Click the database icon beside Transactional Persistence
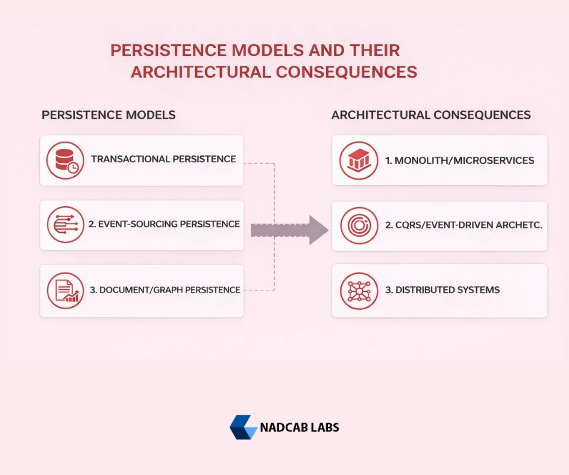[x=65, y=160]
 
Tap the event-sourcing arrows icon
[x=65, y=225]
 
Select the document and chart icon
[x=65, y=291]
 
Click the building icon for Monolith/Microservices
[x=359, y=160]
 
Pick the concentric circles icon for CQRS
[x=359, y=225]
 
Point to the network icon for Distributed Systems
[x=359, y=291]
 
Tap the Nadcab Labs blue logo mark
[x=243, y=427]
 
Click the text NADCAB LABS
[x=300, y=427]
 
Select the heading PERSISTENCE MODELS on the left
[x=108, y=115]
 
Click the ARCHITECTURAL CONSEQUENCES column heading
[x=431, y=115]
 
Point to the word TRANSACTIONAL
[x=130, y=159]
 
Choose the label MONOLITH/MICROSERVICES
[x=464, y=160]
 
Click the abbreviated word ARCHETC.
[x=519, y=225]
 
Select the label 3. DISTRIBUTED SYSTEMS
[x=442, y=290]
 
